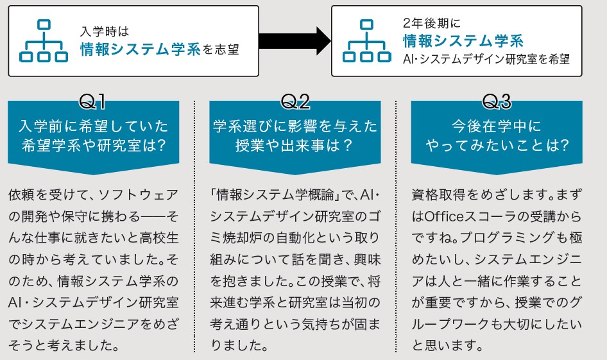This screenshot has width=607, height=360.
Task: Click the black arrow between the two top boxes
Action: tap(295, 41)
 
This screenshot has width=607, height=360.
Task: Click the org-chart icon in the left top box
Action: tap(44, 41)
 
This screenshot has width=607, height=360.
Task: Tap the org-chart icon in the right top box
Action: tap(366, 41)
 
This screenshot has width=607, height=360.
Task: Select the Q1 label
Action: tap(92, 102)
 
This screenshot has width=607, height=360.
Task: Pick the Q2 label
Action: tap(295, 102)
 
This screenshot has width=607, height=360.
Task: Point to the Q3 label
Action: tap(497, 102)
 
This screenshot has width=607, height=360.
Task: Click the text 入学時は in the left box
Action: tap(105, 31)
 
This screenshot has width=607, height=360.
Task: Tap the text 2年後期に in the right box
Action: tap(432, 23)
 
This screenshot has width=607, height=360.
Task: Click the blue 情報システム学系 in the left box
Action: tap(141, 49)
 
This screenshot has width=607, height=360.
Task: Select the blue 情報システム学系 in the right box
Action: tap(463, 40)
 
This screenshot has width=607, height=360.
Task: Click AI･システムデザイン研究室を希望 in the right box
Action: tap(486, 59)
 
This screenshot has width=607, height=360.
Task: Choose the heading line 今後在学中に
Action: tap(497, 126)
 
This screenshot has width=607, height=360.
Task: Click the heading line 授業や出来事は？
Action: tap(295, 146)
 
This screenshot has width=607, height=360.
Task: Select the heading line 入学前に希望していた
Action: tap(93, 126)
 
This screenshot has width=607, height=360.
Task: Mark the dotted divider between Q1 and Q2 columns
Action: tap(194, 227)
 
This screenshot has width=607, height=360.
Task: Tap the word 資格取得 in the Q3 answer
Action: tap(438, 194)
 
